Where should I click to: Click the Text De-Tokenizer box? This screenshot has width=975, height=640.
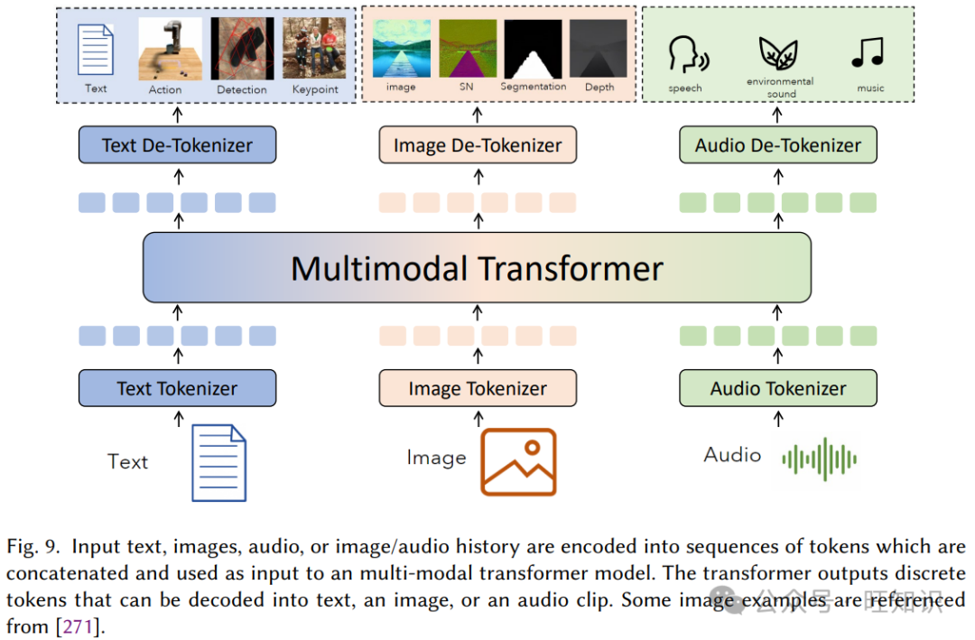pyautogui.click(x=177, y=145)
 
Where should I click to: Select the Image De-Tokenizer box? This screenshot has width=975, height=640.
pyautogui.click(x=478, y=145)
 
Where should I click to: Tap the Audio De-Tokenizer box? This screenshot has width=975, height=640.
pyautogui.click(x=777, y=145)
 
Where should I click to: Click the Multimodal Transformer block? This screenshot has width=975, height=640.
pyautogui.click(x=477, y=268)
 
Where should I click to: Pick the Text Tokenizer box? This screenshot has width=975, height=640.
pyautogui.click(x=177, y=389)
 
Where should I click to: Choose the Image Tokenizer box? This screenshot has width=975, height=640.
pyautogui.click(x=478, y=389)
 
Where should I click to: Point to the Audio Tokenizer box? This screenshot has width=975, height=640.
pyautogui.click(x=777, y=389)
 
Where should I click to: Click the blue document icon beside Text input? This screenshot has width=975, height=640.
pyautogui.click(x=218, y=463)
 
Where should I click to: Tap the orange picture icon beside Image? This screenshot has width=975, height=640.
pyautogui.click(x=518, y=461)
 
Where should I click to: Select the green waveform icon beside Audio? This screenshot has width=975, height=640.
pyautogui.click(x=819, y=459)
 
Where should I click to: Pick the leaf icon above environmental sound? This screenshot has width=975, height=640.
pyautogui.click(x=776, y=53)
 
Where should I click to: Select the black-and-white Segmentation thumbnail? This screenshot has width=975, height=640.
pyautogui.click(x=533, y=49)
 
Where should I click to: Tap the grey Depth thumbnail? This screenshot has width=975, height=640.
pyautogui.click(x=599, y=49)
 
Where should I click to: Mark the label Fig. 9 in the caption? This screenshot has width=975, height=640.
pyautogui.click(x=34, y=547)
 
